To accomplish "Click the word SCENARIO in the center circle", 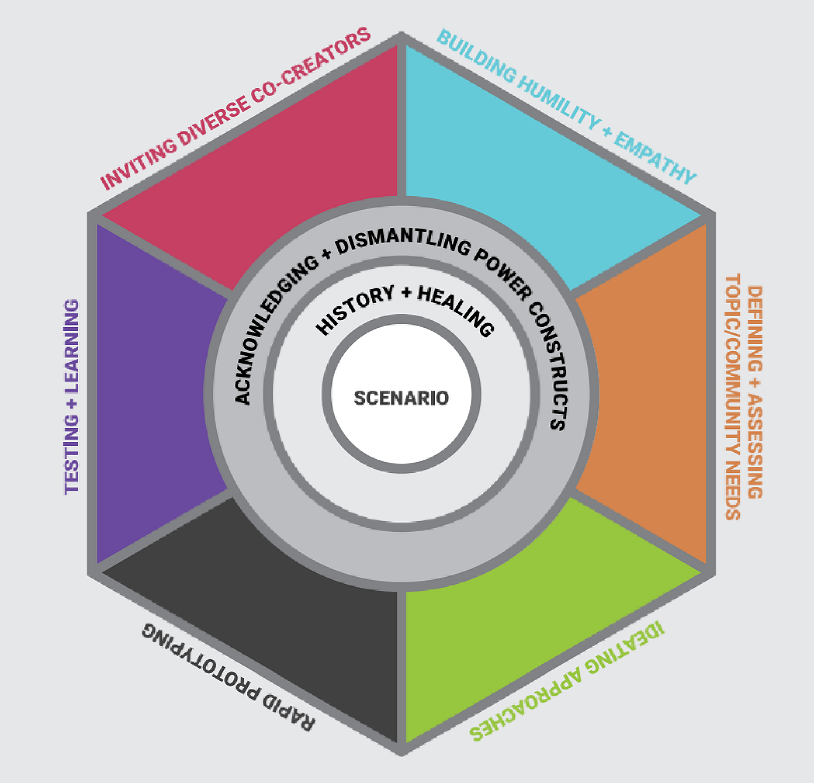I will tap(401, 398).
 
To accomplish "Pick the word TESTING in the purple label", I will tap(72, 453).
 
